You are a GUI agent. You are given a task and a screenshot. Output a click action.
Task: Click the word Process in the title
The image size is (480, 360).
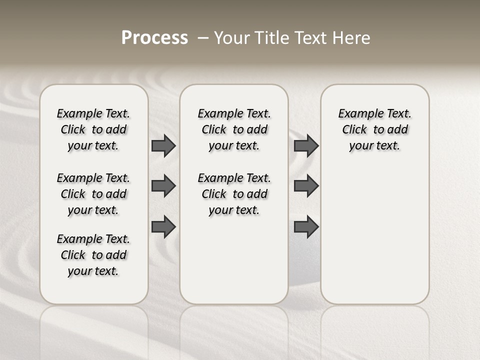pos(154,38)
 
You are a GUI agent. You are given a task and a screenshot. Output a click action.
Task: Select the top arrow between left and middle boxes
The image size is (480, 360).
pos(163,145)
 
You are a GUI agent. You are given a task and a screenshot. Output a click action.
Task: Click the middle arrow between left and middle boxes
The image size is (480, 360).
pos(163,186)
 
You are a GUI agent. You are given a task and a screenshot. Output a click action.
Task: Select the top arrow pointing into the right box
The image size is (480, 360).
pos(306,145)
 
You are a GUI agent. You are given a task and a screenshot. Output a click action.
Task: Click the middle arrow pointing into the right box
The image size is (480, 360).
pos(306,186)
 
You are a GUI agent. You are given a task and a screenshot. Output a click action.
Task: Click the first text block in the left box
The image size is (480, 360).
pos(93,129)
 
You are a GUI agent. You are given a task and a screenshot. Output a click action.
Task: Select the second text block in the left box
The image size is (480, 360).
pos(93,194)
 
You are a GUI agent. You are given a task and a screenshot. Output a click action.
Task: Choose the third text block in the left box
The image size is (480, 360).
pos(93,255)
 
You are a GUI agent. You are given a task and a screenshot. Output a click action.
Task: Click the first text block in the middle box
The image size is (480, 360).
pos(234,129)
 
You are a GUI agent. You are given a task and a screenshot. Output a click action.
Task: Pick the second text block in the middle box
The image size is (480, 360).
pos(234,194)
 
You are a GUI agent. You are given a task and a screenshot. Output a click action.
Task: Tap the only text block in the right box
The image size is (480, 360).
pos(374,129)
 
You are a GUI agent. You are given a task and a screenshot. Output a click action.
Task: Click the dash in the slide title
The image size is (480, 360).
pos(202,38)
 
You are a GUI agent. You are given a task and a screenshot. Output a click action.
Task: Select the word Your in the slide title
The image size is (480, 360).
pos(231,38)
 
